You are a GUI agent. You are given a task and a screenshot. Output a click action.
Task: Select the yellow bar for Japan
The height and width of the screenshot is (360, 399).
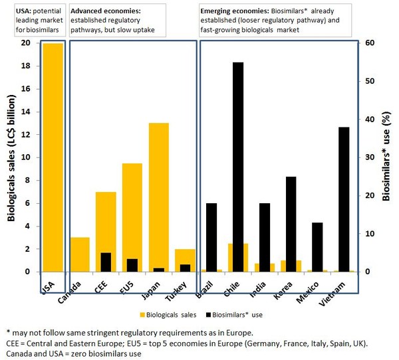159,197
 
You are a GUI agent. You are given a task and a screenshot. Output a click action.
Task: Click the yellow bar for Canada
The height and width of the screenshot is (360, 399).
79,254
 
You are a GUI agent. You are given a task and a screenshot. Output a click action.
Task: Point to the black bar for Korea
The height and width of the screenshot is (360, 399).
291,224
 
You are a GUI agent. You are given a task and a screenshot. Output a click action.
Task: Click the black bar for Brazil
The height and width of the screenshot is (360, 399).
211,237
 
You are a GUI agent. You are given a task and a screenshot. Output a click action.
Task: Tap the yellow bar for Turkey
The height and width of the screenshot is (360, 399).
186,260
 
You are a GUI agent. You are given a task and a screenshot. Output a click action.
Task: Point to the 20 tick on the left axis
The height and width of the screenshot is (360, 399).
25,43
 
